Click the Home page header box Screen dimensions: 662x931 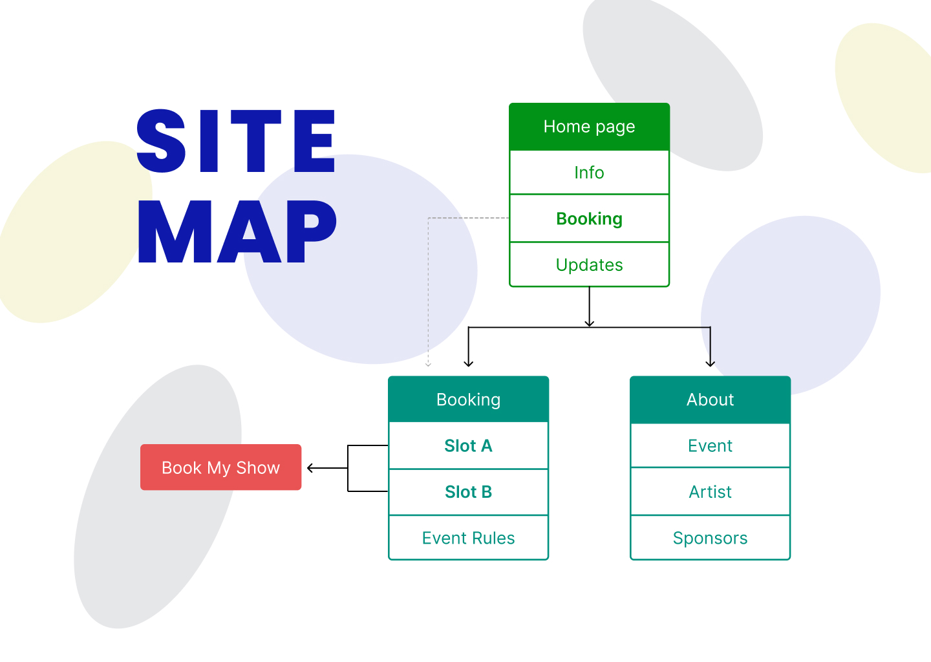tap(589, 127)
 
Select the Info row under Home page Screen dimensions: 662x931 tap(589, 173)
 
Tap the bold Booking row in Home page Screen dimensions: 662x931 tap(589, 219)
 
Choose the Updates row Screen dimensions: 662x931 tap(589, 265)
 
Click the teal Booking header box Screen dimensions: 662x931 tap(468, 400)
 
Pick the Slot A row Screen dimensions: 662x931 tap(468, 446)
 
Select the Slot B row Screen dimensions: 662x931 tap(468, 492)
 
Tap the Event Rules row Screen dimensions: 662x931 tap(468, 538)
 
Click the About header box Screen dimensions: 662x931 tap(710, 400)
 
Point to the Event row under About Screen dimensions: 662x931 tap(710, 446)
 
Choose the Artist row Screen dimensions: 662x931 tap(710, 492)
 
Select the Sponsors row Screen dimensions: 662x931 tap(710, 538)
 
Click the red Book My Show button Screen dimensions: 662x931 tap(220, 467)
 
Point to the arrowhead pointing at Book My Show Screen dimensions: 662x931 tap(310, 468)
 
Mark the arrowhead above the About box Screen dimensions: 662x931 tap(711, 363)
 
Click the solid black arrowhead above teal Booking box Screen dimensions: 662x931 tap(469, 363)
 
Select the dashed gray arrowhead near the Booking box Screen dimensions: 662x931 tap(428, 364)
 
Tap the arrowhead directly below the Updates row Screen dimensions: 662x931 tap(589, 323)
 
